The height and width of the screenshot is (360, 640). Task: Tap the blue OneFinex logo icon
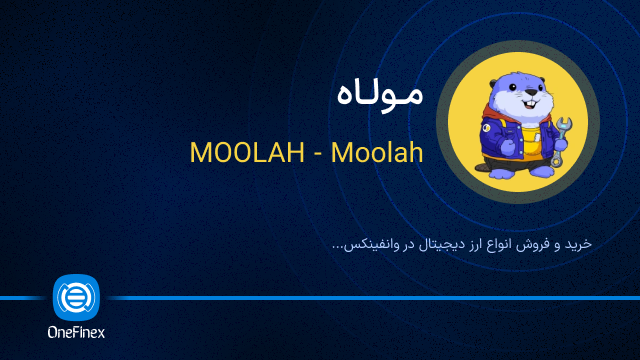76,297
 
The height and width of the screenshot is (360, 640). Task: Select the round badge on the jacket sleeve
485,127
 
